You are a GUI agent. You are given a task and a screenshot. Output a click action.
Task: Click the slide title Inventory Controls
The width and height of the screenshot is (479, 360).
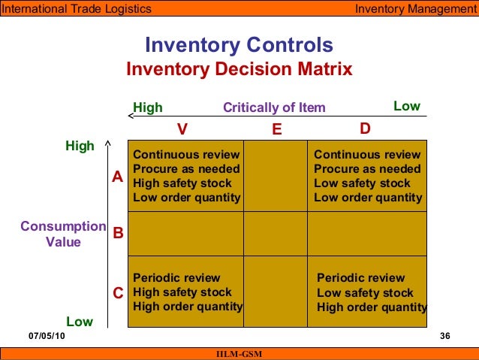(239, 44)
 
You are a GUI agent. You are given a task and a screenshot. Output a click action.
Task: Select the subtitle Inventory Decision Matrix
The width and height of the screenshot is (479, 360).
(239, 70)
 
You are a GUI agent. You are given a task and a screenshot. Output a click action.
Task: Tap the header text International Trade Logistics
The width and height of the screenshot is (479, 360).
(76, 9)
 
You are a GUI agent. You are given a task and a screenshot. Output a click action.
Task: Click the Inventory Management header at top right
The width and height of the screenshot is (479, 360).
(415, 9)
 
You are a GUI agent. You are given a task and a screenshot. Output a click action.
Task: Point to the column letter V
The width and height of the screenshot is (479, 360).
(182, 129)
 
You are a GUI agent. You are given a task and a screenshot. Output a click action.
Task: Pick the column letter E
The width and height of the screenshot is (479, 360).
(276, 129)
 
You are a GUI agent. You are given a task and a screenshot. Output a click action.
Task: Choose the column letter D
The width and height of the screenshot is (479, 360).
(365, 129)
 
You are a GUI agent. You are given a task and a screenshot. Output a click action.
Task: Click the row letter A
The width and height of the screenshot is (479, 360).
(117, 177)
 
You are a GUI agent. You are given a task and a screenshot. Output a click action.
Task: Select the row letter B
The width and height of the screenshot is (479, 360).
(117, 234)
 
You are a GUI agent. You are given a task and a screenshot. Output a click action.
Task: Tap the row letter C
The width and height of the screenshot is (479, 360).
(117, 293)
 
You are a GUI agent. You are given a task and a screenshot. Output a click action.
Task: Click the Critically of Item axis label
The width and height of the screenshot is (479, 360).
(274, 107)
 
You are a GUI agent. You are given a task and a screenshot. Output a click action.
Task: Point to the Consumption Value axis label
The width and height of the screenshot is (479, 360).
(63, 234)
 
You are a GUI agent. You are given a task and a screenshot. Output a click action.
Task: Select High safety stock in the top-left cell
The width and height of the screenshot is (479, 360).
(182, 183)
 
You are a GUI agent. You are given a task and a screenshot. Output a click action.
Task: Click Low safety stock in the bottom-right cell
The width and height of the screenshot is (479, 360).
(365, 292)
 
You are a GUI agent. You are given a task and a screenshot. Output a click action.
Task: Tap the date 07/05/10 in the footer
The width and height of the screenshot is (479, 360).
(47, 336)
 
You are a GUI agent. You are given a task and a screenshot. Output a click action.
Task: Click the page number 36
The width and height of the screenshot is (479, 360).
(444, 336)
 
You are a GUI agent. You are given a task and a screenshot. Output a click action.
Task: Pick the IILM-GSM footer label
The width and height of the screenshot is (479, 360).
(239, 354)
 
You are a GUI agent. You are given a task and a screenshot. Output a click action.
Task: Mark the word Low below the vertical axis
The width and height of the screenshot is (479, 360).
(79, 322)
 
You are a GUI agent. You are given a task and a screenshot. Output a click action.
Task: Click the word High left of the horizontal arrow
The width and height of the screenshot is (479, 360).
(147, 107)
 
